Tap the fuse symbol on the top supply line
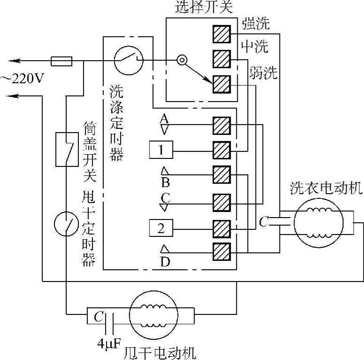click(x=61, y=61)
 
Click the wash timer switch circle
click(x=128, y=60)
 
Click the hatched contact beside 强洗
click(x=221, y=34)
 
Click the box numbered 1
click(x=161, y=151)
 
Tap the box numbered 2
click(x=161, y=229)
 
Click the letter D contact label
click(x=165, y=261)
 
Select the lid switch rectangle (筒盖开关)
click(x=67, y=149)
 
